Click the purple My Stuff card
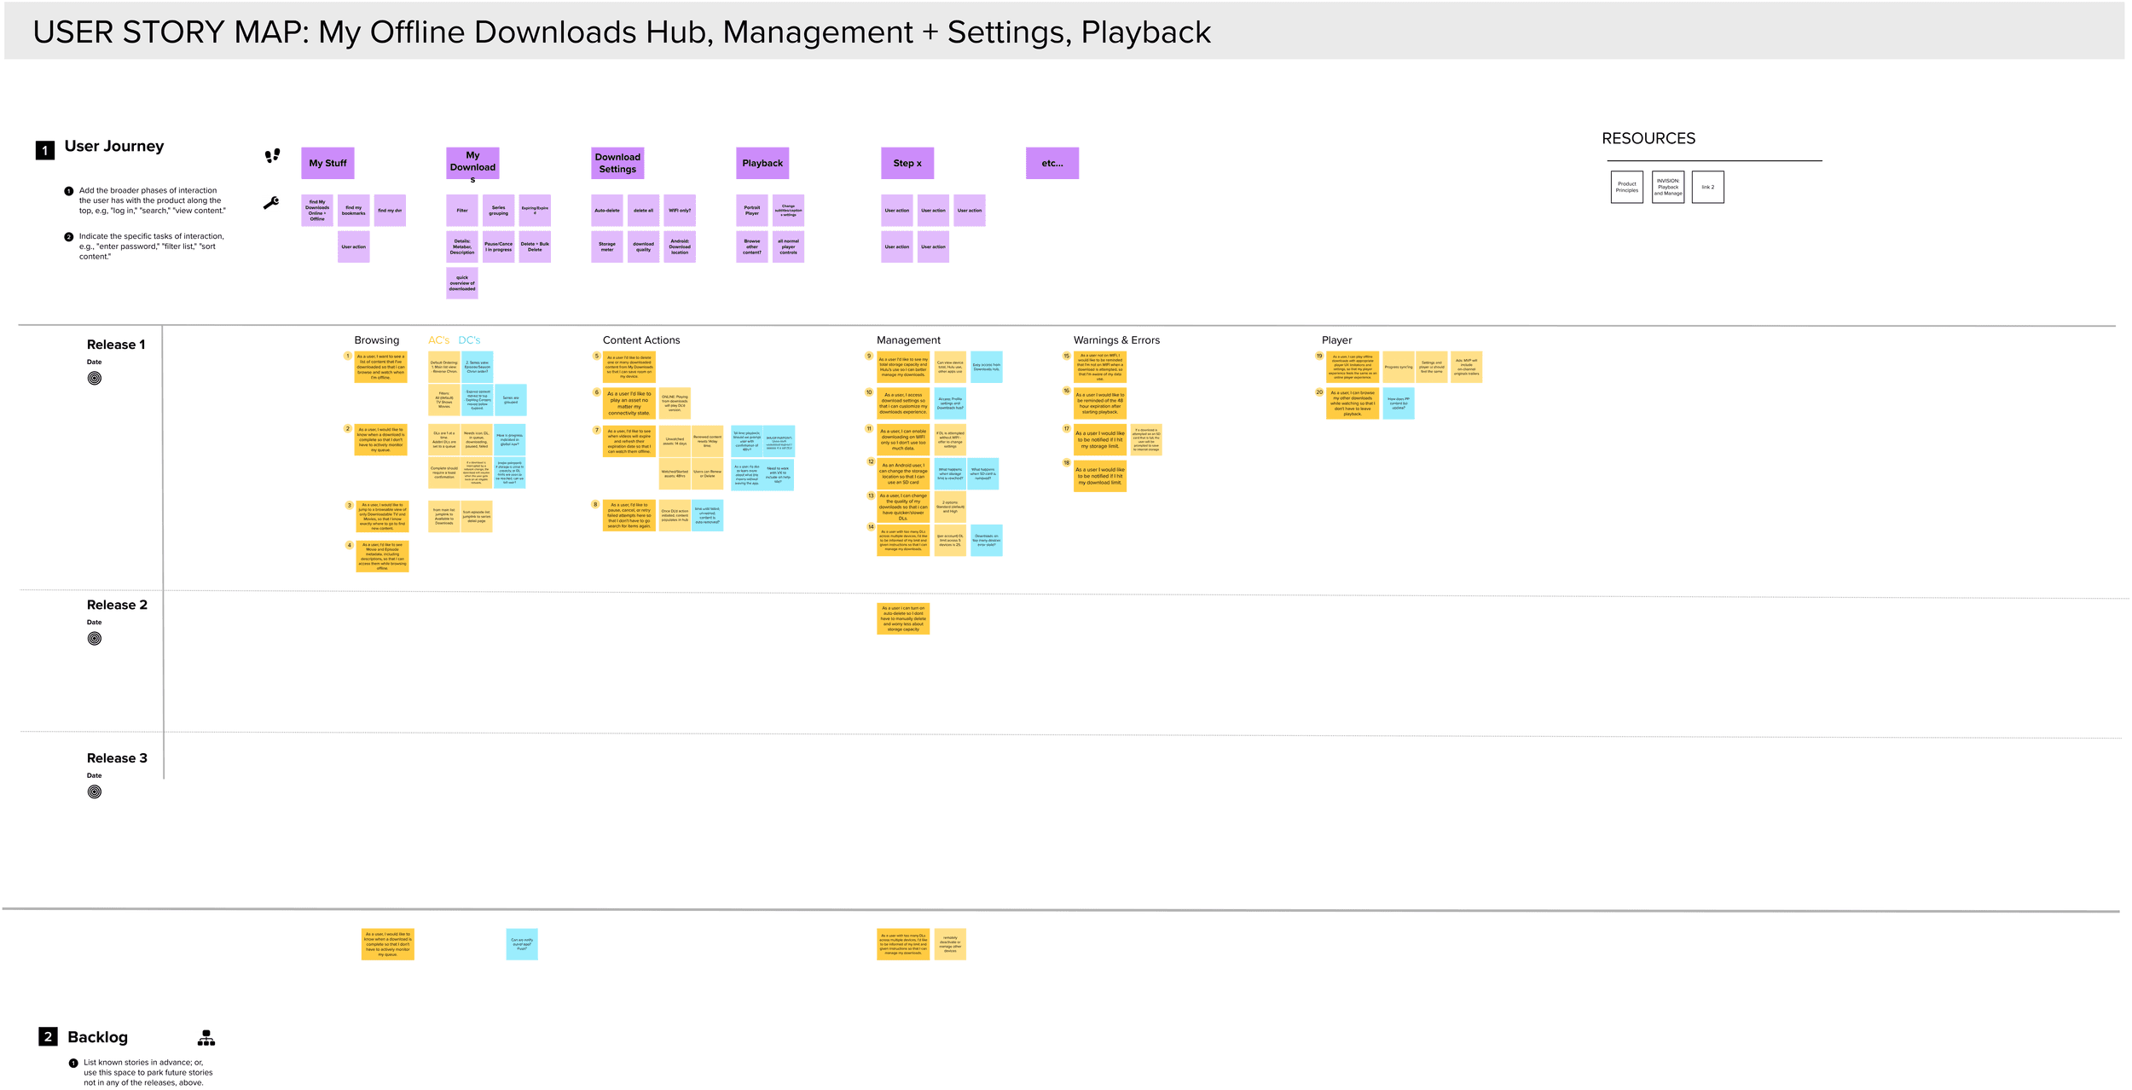click(x=327, y=163)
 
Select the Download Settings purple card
click(x=617, y=163)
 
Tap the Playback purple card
click(x=762, y=163)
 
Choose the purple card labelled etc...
click(x=1052, y=163)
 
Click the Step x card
click(x=907, y=163)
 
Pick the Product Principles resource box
click(x=1626, y=188)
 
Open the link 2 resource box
click(x=1707, y=188)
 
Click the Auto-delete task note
click(x=607, y=211)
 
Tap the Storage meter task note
click(x=607, y=247)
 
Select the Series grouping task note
click(x=498, y=211)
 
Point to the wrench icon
click(x=271, y=203)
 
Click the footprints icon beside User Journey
click(x=272, y=155)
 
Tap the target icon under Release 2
click(x=95, y=639)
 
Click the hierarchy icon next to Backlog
click(x=206, y=1038)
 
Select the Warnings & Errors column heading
click(x=1116, y=340)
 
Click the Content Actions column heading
click(x=641, y=340)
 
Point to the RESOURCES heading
click(x=1648, y=139)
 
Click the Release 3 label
click(x=117, y=758)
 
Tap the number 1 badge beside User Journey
click(x=45, y=150)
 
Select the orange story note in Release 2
click(x=903, y=619)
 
